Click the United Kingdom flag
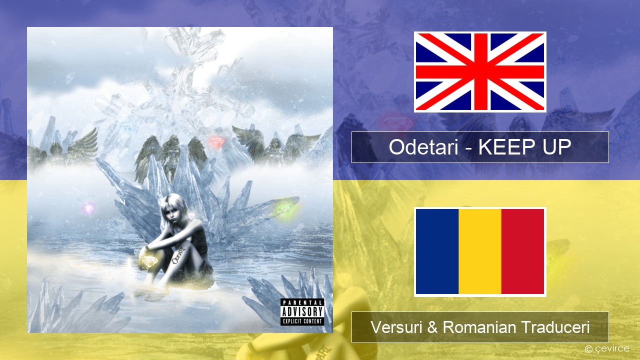(x=480, y=71)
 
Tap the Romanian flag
(x=480, y=251)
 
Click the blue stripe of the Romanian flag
(x=437, y=251)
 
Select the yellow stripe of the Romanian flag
(x=480, y=251)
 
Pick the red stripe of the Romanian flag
(x=523, y=251)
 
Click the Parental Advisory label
(x=302, y=312)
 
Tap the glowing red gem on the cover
(x=216, y=141)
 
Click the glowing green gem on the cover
(x=284, y=211)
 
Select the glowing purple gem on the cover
(x=89, y=208)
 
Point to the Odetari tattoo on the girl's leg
(x=178, y=256)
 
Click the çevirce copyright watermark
(x=607, y=348)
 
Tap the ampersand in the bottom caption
(x=432, y=327)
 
